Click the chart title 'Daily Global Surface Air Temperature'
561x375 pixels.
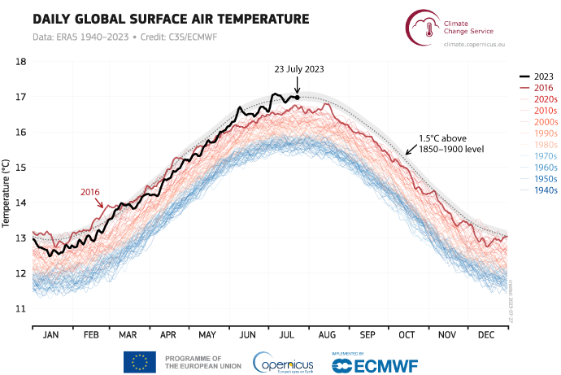tap(159, 18)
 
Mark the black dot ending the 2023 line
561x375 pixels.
tap(297, 97)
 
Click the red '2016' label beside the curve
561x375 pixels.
tap(89, 192)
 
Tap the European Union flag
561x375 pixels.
tap(140, 362)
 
